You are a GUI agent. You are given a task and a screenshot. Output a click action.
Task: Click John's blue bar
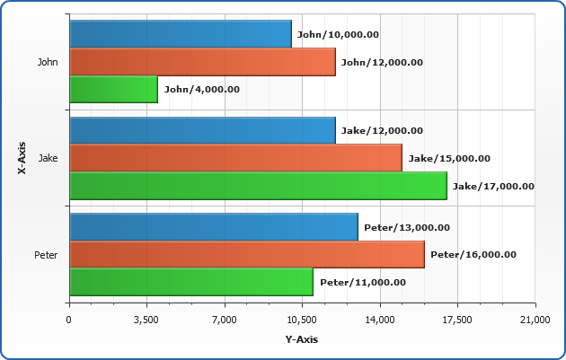[180, 34]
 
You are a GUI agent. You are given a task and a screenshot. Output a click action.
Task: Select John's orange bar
[202, 62]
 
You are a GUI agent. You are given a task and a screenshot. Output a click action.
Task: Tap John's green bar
[113, 89]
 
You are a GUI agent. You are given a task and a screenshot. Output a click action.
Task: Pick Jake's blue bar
[202, 130]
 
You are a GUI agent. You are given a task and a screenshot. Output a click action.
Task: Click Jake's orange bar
[235, 158]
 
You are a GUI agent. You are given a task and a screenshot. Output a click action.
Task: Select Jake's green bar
[258, 186]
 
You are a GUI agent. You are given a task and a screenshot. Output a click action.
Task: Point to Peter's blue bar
[213, 227]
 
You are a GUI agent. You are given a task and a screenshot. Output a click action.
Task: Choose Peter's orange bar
[246, 254]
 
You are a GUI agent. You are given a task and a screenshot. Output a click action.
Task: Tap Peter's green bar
[190, 282]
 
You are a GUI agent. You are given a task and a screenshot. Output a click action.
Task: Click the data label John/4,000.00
[202, 89]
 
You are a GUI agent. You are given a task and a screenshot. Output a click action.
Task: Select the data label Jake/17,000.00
[493, 186]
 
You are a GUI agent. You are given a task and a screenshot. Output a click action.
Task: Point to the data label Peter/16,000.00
[473, 254]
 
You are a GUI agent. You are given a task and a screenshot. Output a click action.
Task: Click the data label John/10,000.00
[338, 34]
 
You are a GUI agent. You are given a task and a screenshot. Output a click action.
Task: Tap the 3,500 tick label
[146, 320]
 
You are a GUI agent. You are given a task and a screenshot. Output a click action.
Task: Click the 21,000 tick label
[535, 320]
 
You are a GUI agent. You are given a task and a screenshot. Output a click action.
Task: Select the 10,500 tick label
[302, 320]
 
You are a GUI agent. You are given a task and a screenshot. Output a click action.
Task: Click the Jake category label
[49, 158]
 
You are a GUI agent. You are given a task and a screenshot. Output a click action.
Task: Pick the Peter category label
[46, 255]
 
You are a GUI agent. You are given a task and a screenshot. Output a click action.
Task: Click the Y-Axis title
[302, 339]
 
